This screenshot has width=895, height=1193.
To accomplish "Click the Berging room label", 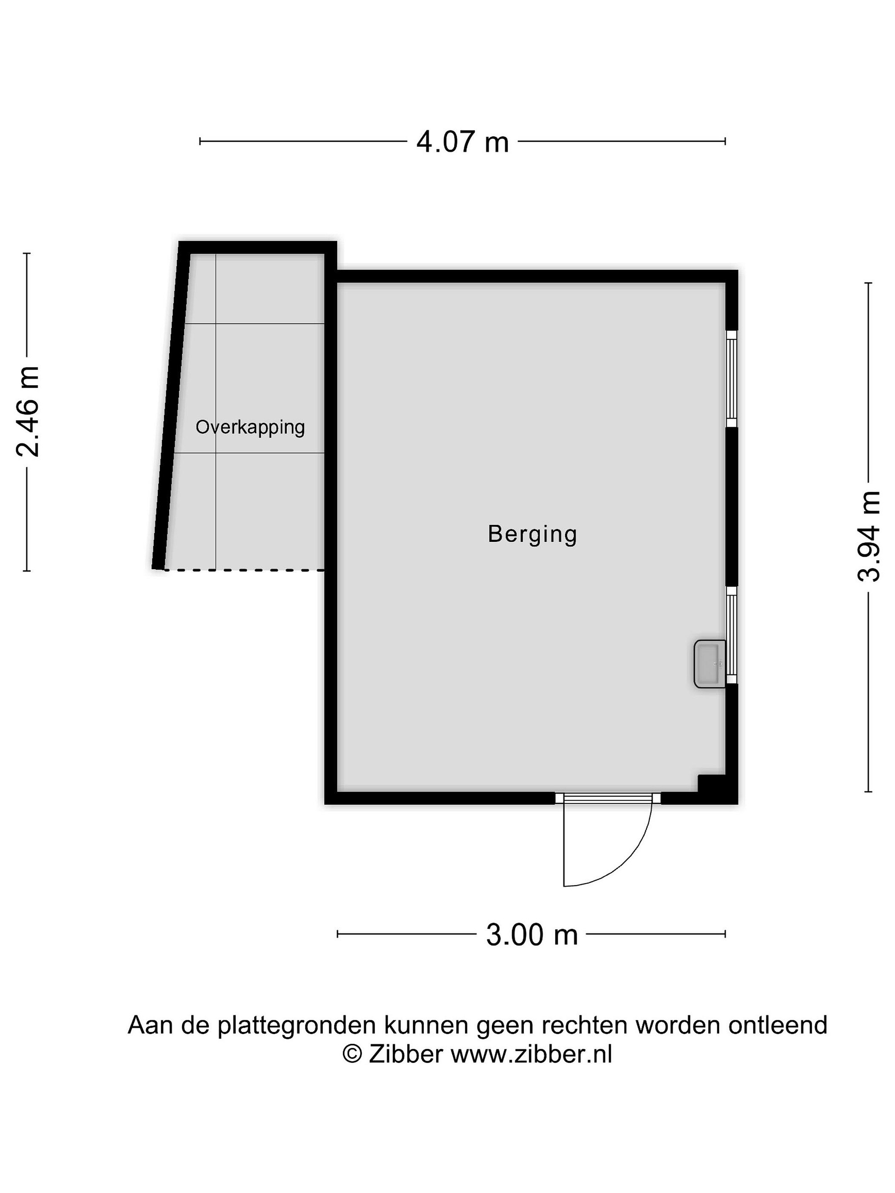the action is point(532,534).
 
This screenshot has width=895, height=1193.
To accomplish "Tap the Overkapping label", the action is point(250,427).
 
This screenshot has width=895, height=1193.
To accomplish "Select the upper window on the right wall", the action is point(731,379).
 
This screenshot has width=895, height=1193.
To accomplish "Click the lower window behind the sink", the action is point(731,635).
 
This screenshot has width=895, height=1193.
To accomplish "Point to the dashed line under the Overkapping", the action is point(244,570).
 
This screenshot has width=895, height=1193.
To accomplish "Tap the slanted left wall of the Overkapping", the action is point(171,406).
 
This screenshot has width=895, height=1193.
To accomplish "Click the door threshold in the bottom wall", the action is point(608,798).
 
